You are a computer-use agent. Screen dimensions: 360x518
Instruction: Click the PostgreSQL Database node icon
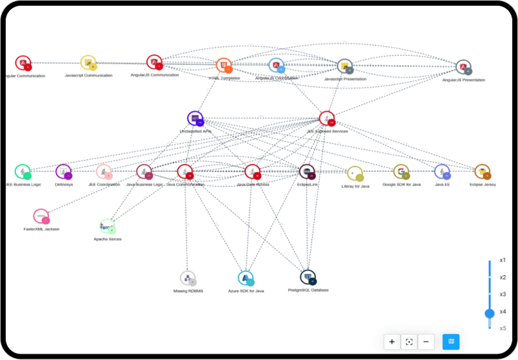click(308, 278)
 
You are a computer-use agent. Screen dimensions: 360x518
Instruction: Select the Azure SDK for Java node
click(245, 278)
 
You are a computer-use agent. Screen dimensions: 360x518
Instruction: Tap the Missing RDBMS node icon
click(188, 278)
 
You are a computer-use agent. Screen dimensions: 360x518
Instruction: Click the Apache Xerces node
click(107, 226)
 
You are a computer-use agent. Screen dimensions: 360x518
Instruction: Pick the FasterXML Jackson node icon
click(41, 216)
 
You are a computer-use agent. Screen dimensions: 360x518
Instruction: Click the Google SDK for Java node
click(401, 172)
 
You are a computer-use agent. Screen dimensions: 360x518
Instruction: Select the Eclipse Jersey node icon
click(482, 172)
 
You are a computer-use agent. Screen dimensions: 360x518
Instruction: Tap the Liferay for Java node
click(355, 173)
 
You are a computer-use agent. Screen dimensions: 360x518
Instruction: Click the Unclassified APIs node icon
click(195, 118)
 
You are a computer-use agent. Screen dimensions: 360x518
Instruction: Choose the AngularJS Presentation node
click(463, 67)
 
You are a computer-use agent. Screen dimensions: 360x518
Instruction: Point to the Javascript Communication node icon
click(88, 62)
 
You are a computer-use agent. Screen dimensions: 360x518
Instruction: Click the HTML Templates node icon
click(223, 65)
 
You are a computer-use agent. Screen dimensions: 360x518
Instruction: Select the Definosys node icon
click(63, 172)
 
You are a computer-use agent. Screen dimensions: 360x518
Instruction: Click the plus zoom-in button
click(392, 341)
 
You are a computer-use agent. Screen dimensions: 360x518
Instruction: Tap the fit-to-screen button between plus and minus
click(409, 341)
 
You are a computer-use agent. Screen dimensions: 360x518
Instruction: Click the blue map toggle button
click(451, 341)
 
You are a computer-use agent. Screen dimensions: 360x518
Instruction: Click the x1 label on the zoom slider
click(502, 260)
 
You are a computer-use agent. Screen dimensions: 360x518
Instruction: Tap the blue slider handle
click(490, 313)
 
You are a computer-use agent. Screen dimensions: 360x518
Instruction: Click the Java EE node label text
click(442, 185)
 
